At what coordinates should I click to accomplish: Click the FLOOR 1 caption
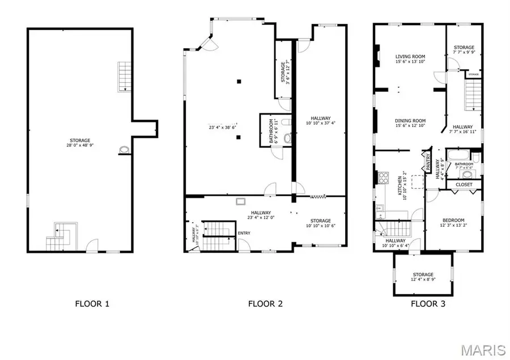click(x=92, y=304)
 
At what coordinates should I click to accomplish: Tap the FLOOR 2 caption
click(x=265, y=304)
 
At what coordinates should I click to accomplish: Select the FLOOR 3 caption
click(x=428, y=304)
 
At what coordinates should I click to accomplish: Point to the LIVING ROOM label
click(x=410, y=57)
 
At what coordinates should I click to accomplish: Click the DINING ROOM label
click(x=410, y=121)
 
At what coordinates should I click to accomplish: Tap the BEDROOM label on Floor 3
click(x=453, y=221)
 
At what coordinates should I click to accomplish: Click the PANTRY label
click(x=428, y=163)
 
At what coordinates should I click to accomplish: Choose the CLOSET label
click(x=464, y=185)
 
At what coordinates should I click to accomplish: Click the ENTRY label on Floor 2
click(x=244, y=233)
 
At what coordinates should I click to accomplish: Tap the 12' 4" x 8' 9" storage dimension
click(x=423, y=279)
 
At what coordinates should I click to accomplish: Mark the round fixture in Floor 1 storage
click(x=124, y=150)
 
